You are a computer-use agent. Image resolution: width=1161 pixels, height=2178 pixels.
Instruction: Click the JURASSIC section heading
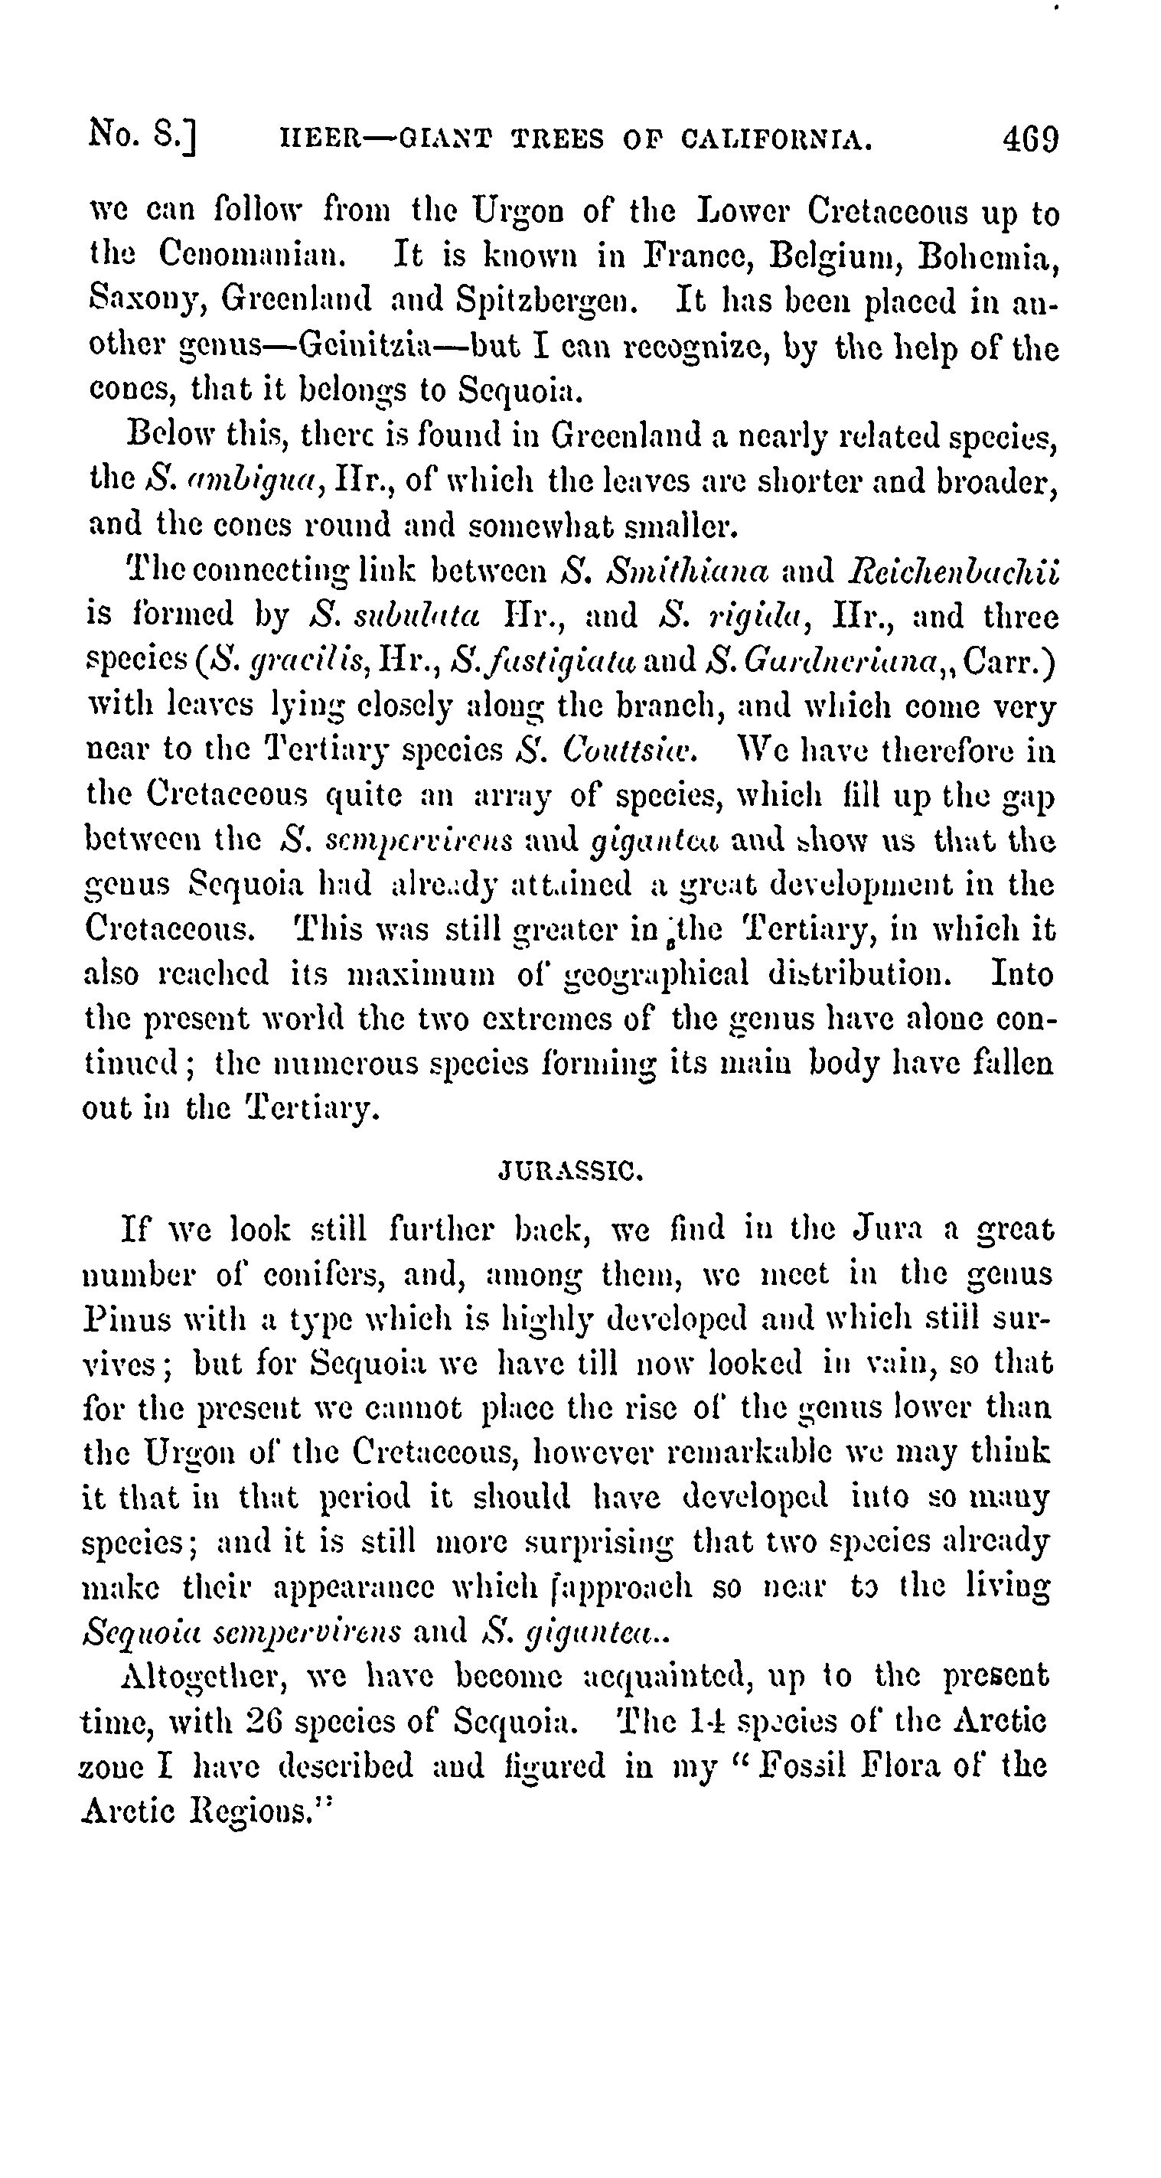[x=572, y=1172]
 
